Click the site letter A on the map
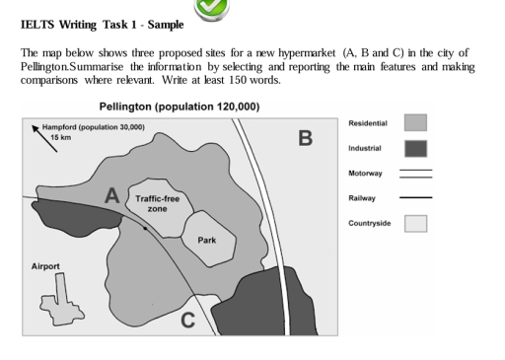click(x=112, y=196)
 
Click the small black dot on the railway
click(x=146, y=228)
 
